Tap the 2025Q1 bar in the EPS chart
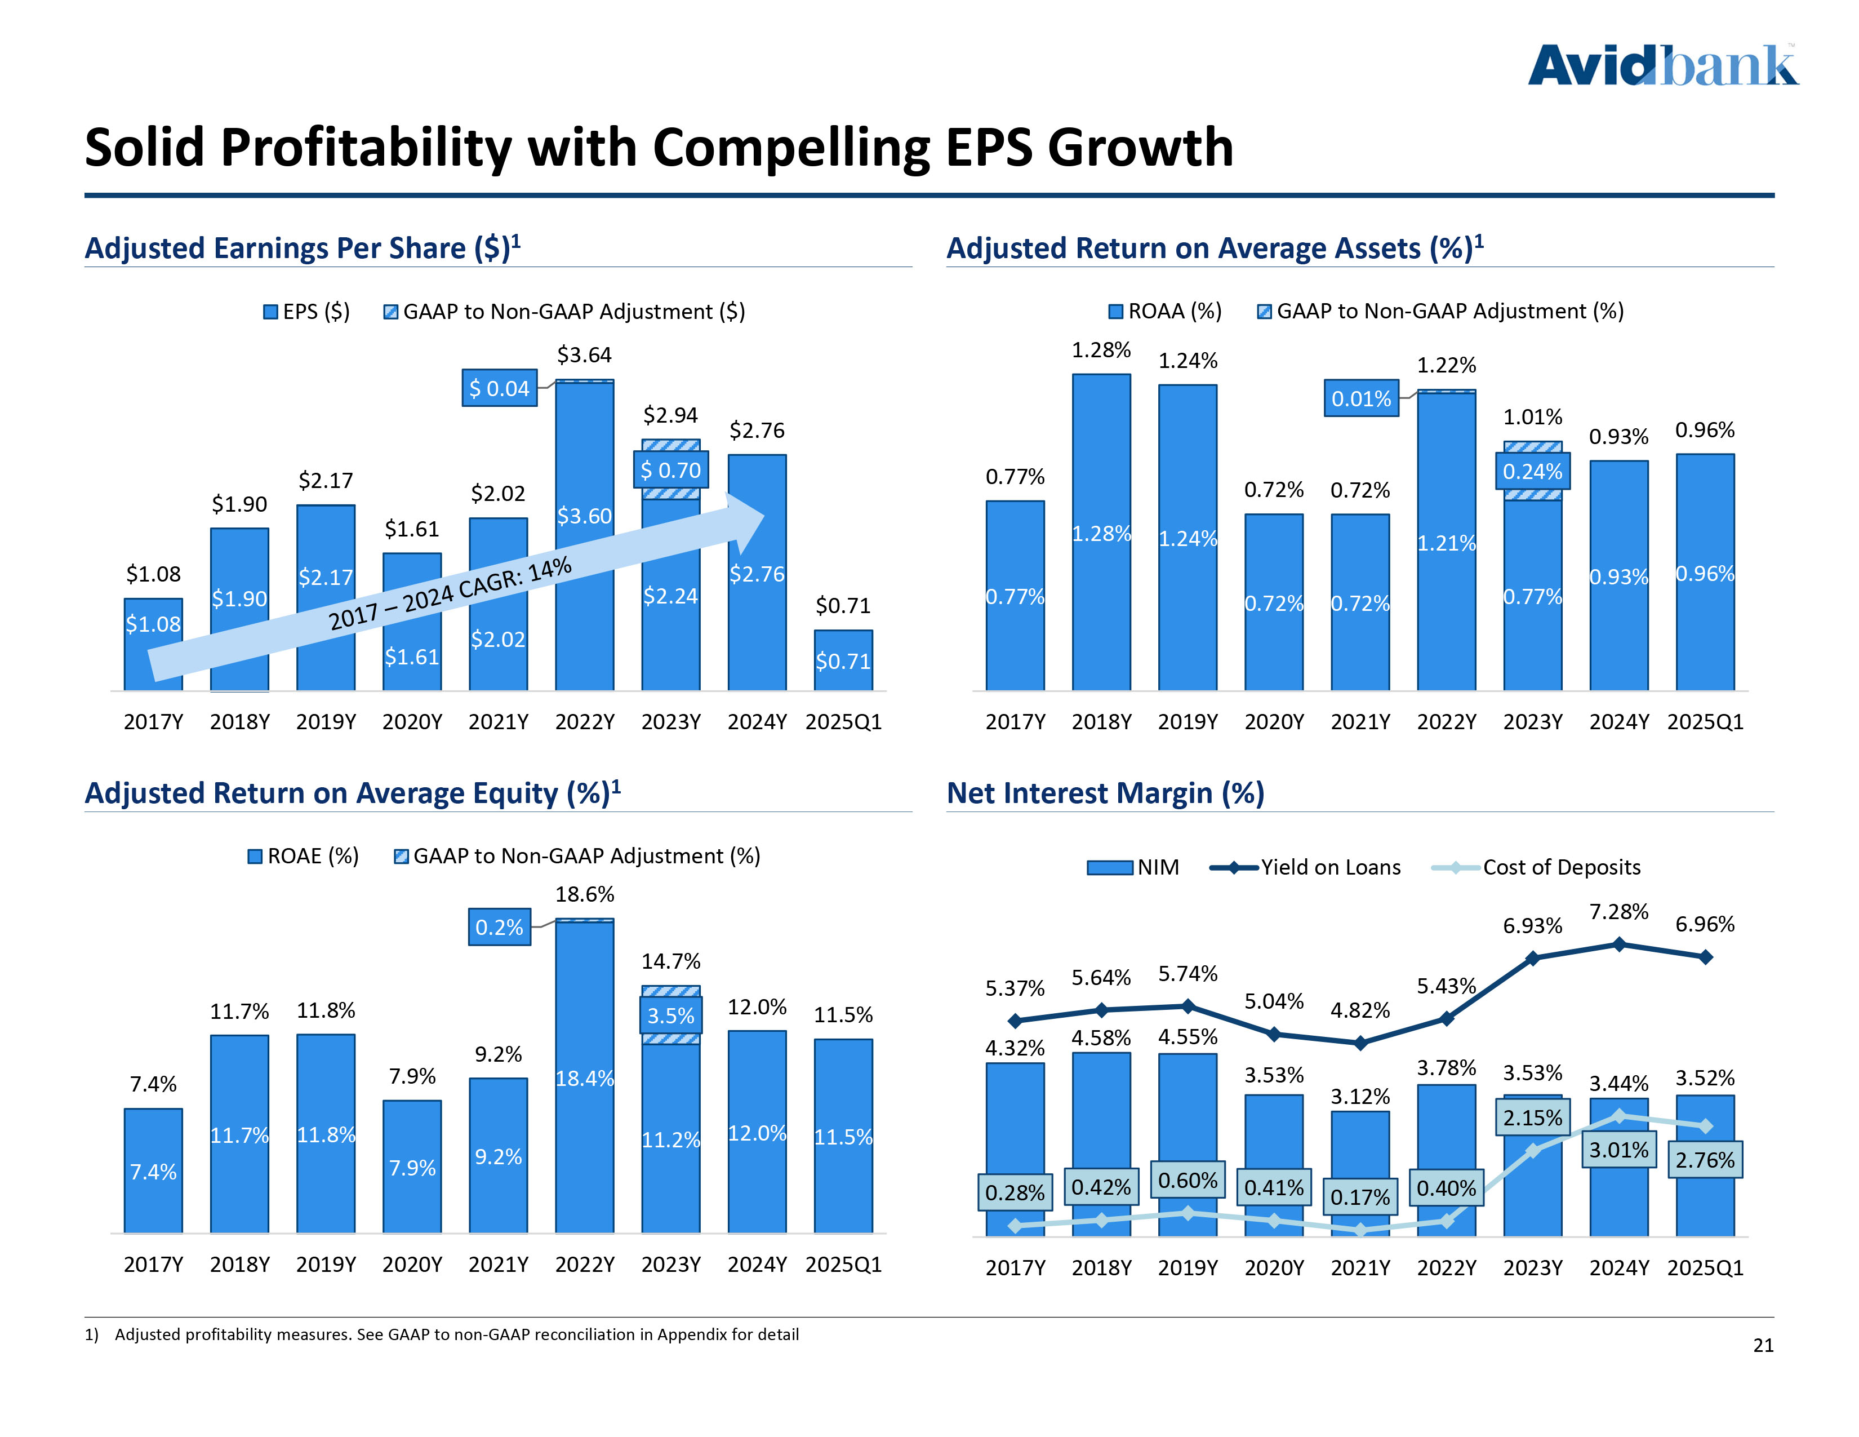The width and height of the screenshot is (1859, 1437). (x=843, y=660)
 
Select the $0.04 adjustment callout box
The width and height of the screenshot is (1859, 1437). (x=500, y=388)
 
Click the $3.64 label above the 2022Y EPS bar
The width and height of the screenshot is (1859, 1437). (x=584, y=355)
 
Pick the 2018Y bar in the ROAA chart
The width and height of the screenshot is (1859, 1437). (x=1101, y=532)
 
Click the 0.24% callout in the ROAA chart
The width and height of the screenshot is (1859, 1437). (x=1532, y=472)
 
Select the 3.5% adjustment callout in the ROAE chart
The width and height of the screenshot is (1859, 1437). (x=671, y=1015)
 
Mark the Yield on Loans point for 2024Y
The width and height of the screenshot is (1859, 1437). (x=1619, y=944)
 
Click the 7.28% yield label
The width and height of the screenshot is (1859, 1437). (x=1619, y=912)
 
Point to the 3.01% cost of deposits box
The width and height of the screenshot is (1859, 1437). (x=1619, y=1150)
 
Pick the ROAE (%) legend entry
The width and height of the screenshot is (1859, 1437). (x=303, y=855)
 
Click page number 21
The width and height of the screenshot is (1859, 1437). (x=1763, y=1345)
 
